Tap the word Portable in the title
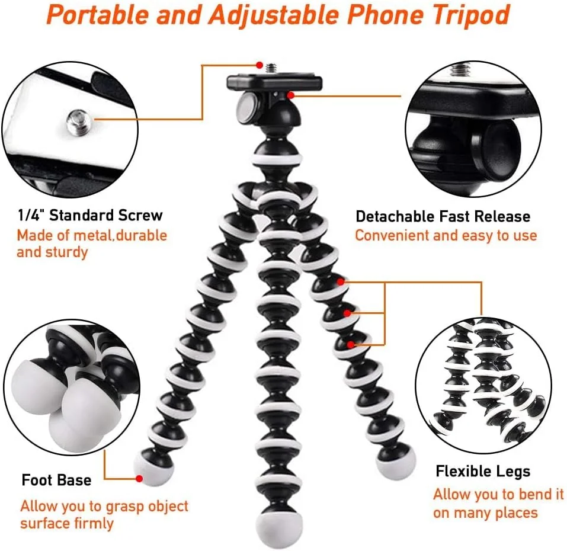coord(98,14)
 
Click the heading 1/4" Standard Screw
coord(91,215)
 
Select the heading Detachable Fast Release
coord(443,216)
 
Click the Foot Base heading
coord(56,480)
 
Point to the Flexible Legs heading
coord(483,471)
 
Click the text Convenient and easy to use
coord(446,235)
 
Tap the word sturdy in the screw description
coord(68,252)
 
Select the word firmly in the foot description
coord(94,523)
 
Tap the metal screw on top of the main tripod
coord(271,68)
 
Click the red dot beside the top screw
coord(260,65)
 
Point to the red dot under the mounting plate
coord(291,95)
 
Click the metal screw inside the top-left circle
coord(78,122)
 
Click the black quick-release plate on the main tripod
coord(274,82)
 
